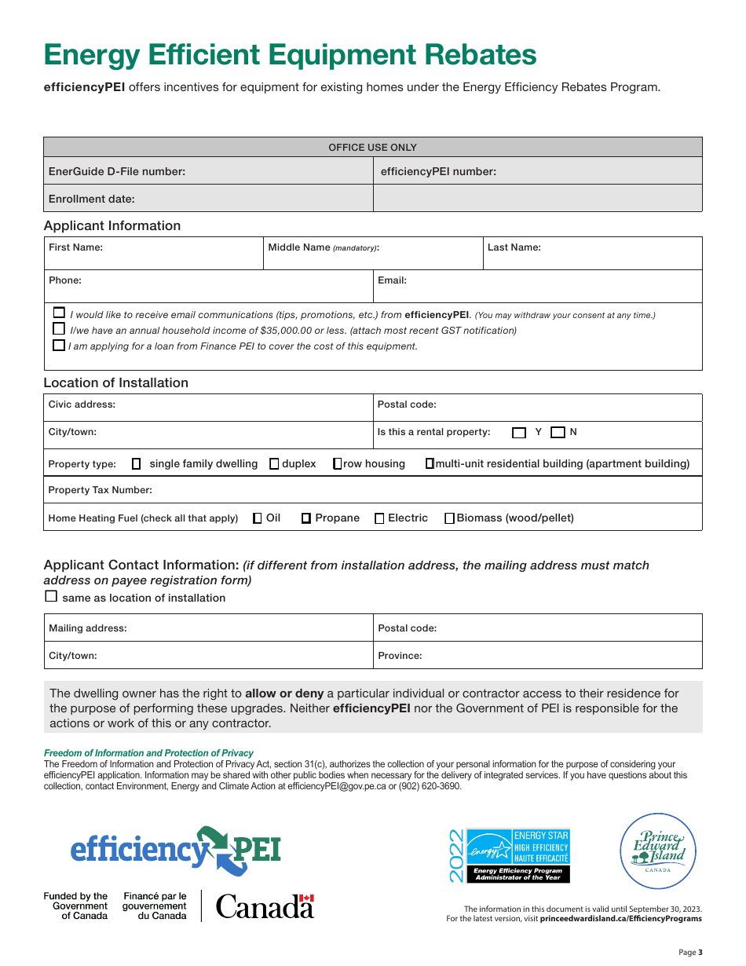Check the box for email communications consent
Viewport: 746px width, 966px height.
point(59,313)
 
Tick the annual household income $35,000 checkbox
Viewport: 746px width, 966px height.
point(59,329)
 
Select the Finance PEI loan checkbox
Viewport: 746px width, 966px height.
point(59,345)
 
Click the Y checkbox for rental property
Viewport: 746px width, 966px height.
point(519,432)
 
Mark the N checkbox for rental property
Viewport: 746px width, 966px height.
point(558,432)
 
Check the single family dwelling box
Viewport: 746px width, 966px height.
point(136,463)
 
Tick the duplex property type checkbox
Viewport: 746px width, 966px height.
point(274,463)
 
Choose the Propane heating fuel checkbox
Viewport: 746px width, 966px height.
point(306,518)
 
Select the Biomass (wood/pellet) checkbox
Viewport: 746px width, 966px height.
point(450,518)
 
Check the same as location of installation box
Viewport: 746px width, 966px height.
point(51,596)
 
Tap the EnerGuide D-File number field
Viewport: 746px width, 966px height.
point(208,171)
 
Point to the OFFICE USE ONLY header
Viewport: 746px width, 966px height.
point(372,147)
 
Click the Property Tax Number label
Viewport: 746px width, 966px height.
point(101,490)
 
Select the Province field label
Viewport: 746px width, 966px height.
point(400,655)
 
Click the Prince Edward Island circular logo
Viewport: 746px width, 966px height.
point(659,851)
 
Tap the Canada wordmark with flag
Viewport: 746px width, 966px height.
point(265,906)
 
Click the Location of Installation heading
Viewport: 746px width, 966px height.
point(116,382)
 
